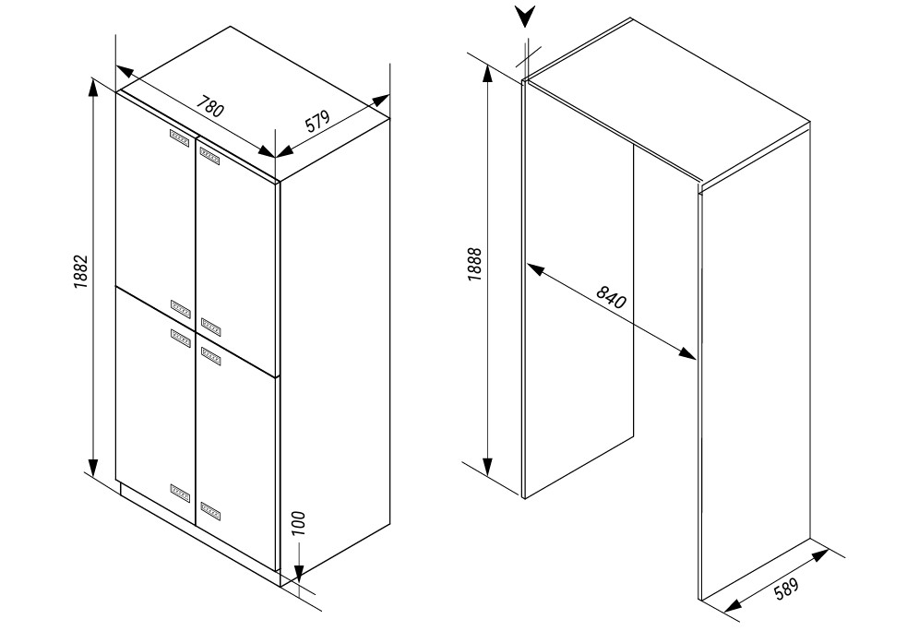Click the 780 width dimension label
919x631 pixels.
tap(209, 107)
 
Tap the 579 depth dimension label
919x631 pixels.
tap(318, 121)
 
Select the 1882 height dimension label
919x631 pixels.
tap(80, 271)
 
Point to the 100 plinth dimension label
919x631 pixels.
tap(298, 523)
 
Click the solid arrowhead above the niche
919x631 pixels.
tap(526, 17)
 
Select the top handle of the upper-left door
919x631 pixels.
tap(181, 138)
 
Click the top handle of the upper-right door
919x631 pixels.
tap(210, 156)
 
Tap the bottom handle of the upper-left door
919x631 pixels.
tap(181, 308)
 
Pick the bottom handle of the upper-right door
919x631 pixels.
tap(210, 326)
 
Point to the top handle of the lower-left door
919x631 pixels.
tap(181, 338)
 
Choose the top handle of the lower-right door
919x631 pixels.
tap(210, 355)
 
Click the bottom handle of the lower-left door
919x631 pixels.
tap(181, 493)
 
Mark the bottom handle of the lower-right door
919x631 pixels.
tap(210, 510)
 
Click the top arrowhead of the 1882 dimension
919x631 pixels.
tap(92, 89)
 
